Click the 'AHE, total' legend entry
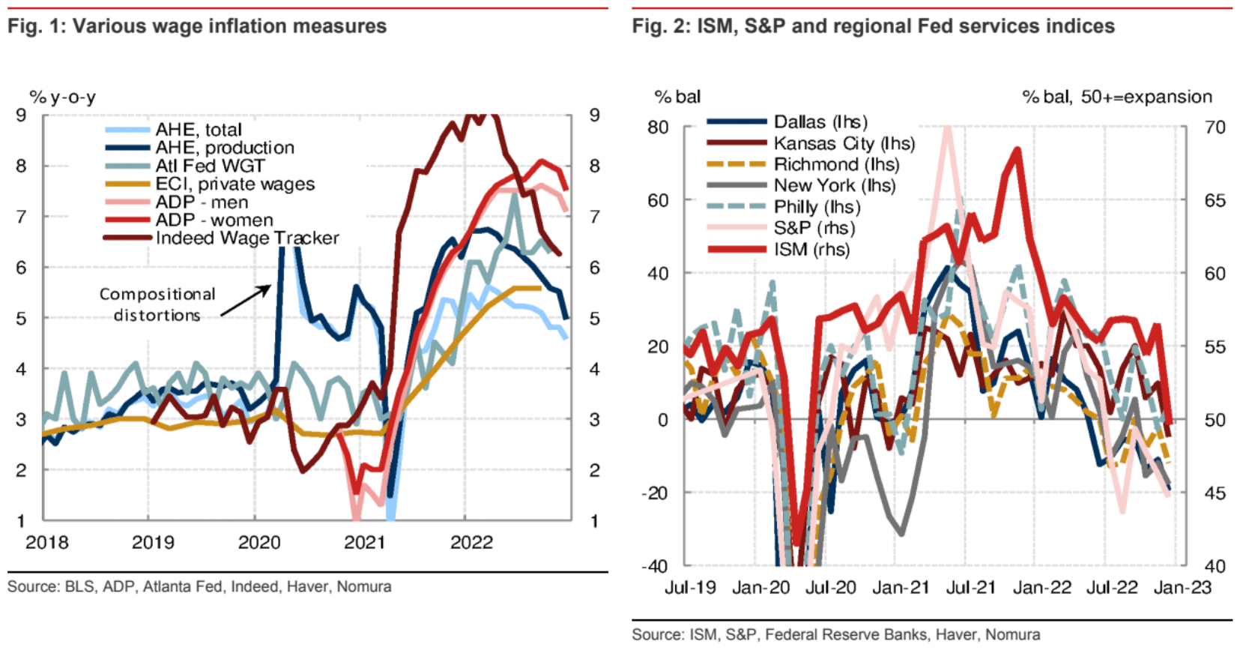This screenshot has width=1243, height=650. [198, 130]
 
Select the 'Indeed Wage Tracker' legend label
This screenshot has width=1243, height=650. [247, 238]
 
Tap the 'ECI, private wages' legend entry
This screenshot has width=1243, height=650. [235, 184]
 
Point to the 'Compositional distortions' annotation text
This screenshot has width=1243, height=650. [157, 304]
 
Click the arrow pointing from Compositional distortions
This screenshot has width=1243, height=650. [246, 301]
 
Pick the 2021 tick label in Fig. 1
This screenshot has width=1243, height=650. [364, 542]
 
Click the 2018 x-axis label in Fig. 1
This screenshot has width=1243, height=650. [46, 542]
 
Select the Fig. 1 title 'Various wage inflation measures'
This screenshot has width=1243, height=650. [197, 26]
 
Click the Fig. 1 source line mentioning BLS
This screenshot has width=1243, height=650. [199, 586]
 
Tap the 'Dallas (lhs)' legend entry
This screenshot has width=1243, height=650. [820, 122]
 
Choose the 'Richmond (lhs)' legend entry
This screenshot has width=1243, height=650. [835, 165]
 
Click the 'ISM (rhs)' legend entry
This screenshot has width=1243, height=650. [811, 250]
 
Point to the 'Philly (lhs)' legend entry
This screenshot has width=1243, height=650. [817, 207]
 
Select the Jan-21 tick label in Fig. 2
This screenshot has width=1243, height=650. [901, 588]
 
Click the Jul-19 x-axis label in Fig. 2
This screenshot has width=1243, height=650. [690, 588]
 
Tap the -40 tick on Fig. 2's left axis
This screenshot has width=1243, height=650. [655, 566]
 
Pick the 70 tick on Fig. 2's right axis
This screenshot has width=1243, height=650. [1215, 127]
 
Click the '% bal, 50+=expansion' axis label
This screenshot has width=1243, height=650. [1116, 97]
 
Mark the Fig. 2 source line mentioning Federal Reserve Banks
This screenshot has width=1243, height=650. [835, 635]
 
